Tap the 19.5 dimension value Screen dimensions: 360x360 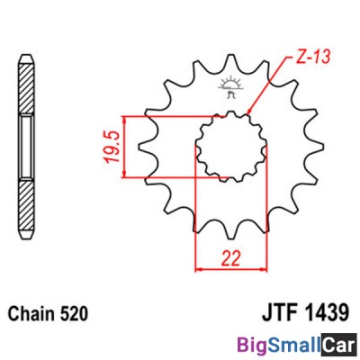pyautogui.click(x=112, y=147)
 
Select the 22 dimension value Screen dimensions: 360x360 pyautogui.click(x=231, y=258)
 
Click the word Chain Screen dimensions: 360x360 pyautogui.click(x=31, y=314)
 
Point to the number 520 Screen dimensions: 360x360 pyautogui.click(x=74, y=314)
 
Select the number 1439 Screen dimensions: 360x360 pyautogui.click(x=328, y=312)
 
